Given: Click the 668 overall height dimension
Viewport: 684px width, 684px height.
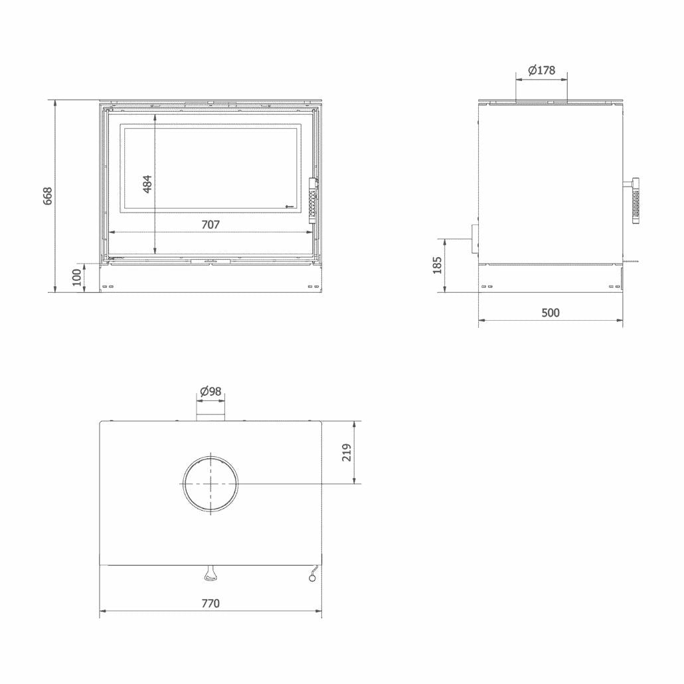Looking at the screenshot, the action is [x=48, y=196].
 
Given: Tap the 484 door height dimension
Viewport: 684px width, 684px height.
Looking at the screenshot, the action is [x=147, y=184].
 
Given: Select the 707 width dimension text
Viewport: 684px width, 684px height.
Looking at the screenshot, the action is [x=211, y=224].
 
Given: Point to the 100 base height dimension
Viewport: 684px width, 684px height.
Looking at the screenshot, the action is [x=77, y=278].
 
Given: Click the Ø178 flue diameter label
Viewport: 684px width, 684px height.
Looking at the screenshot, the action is [x=541, y=70].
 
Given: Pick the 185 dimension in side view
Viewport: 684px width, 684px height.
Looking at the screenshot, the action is [x=437, y=265].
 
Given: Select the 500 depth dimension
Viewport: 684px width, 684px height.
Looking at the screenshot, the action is [x=551, y=313].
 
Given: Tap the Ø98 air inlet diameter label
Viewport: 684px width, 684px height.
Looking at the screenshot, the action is [x=211, y=391].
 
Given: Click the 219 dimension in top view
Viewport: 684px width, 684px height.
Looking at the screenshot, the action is [x=347, y=452].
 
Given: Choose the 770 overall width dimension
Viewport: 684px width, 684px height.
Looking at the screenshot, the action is [x=211, y=603].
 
